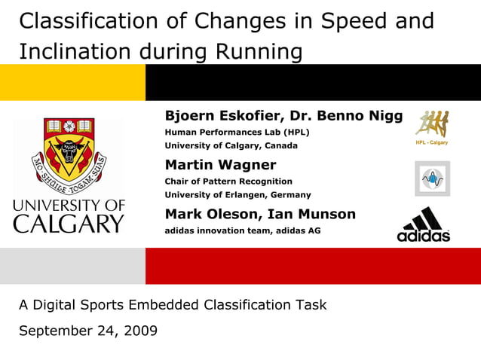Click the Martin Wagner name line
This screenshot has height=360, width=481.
[220, 165]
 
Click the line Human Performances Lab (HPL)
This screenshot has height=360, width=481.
[237, 132]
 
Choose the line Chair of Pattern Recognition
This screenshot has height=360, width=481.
[228, 181]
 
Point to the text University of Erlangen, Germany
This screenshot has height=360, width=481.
[237, 194]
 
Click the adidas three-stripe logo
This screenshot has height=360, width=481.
[424, 224]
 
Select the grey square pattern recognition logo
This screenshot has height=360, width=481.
[432, 178]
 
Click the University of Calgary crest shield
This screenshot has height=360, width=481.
[68, 148]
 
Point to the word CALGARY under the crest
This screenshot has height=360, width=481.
[68, 223]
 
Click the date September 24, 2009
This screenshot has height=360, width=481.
[88, 330]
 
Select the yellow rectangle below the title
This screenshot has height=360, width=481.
[72, 82]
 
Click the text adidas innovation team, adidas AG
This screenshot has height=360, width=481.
[242, 230]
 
